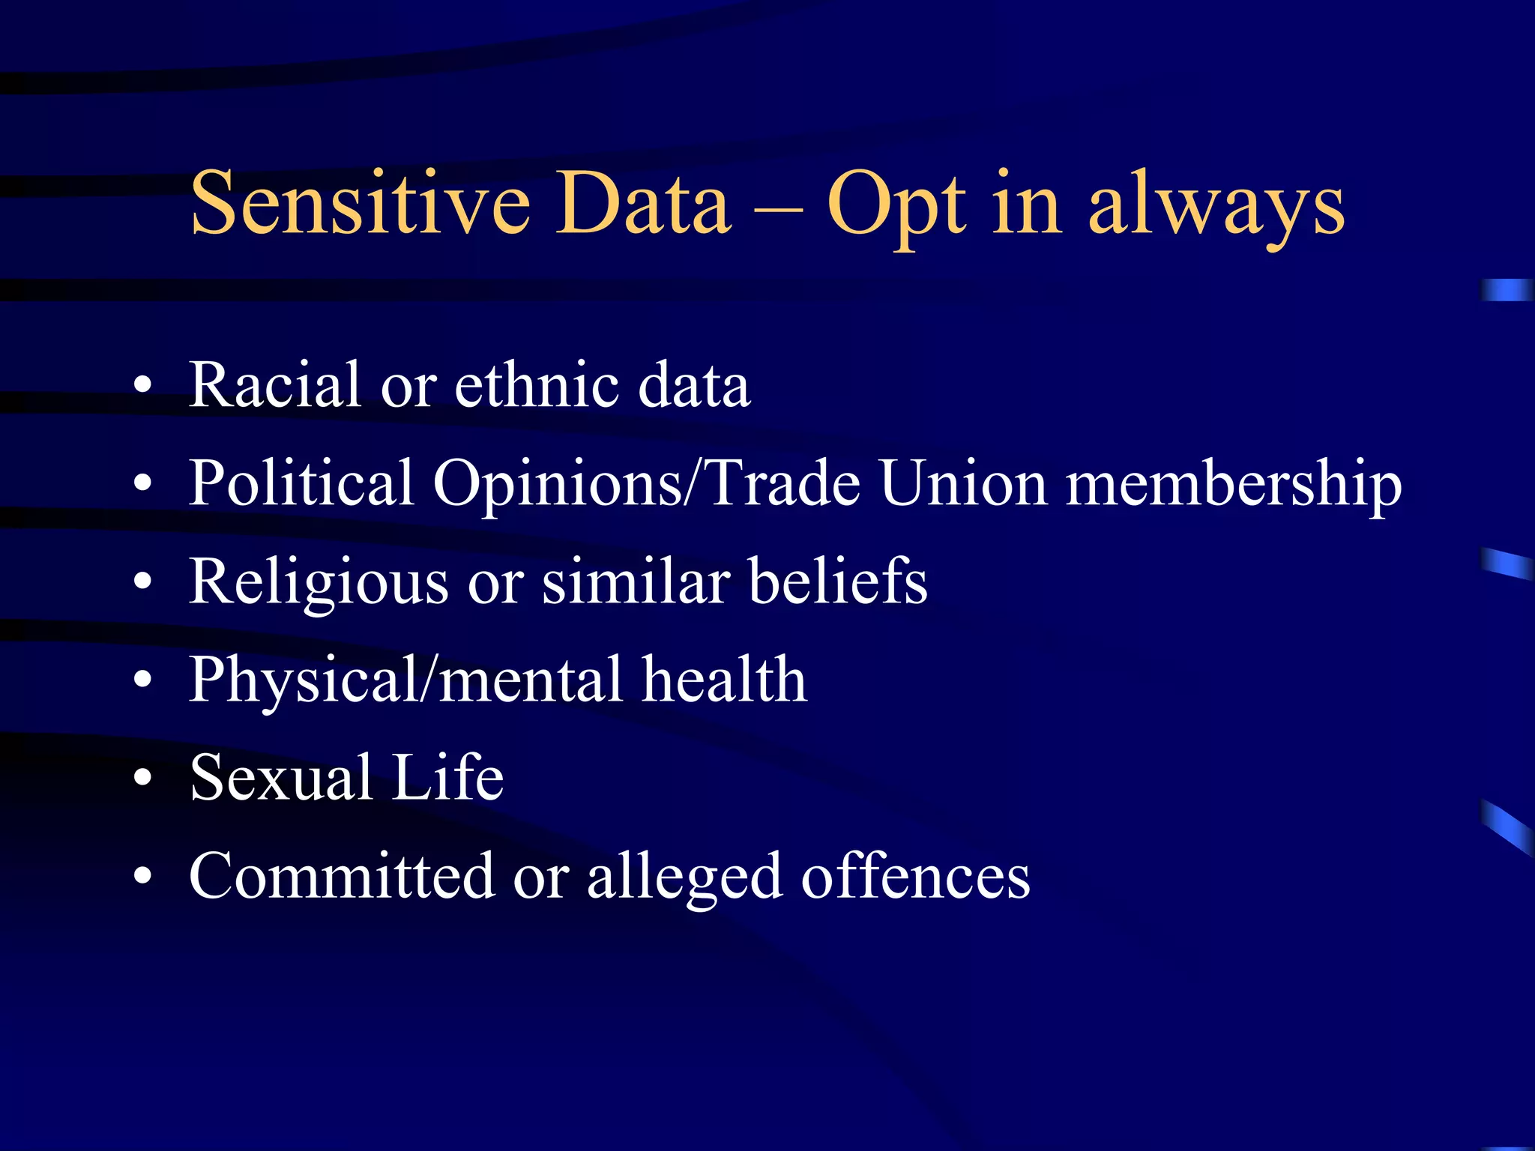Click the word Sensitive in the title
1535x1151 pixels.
[361, 202]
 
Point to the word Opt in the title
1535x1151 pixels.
[896, 206]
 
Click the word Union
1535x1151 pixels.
[962, 483]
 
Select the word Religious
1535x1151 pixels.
[319, 583]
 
